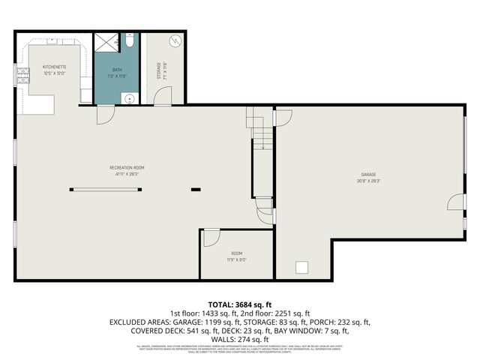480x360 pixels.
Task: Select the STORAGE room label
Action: tap(158, 70)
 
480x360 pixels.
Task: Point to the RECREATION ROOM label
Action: tap(127, 167)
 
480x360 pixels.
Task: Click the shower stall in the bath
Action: tap(106, 43)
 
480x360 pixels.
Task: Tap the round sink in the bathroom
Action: tap(128, 97)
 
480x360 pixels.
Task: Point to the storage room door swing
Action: tap(164, 96)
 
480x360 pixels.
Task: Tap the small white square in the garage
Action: tap(303, 267)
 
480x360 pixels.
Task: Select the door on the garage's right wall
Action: tap(455, 201)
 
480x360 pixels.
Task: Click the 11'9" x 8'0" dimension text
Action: tap(237, 260)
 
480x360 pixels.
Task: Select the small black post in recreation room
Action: tap(196, 189)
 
